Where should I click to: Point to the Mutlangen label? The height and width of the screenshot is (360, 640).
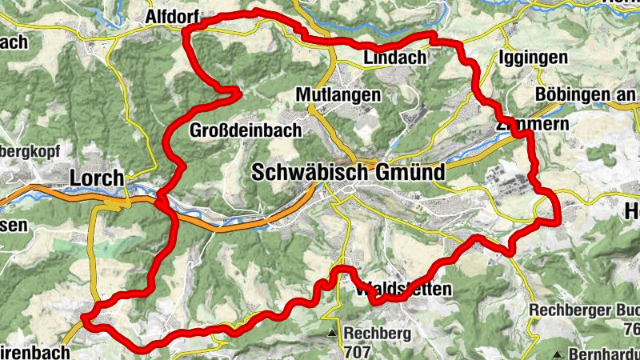tap(338, 94)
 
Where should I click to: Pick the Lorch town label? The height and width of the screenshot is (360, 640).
tap(97, 178)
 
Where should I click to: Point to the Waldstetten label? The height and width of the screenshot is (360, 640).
tap(403, 289)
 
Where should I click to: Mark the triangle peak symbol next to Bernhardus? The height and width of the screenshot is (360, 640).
tap(557, 353)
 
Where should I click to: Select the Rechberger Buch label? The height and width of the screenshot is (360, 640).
tap(585, 310)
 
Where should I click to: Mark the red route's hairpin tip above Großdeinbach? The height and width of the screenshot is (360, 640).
tap(240, 94)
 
